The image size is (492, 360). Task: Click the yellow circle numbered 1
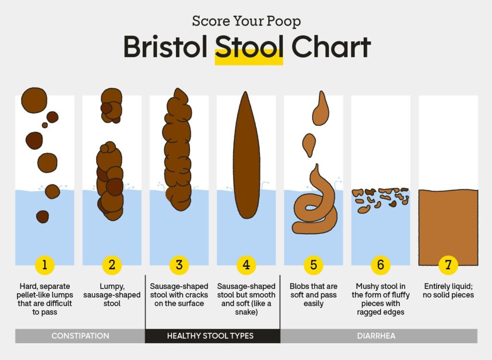[45, 265]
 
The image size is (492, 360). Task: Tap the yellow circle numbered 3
[179, 265]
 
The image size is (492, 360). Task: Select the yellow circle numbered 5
[313, 265]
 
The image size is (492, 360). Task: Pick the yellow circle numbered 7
[448, 265]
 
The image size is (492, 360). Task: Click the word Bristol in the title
[166, 47]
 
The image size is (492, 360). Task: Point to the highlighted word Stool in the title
[249, 47]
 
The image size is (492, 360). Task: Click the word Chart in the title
[331, 47]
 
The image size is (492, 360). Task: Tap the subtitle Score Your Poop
[246, 21]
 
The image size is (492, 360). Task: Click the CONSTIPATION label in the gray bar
[80, 336]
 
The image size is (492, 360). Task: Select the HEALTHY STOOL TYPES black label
[210, 336]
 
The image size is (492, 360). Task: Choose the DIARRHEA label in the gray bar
[376, 336]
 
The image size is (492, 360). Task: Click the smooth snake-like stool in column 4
[246, 155]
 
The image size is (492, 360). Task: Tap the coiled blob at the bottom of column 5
[315, 204]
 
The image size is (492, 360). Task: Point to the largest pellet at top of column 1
[34, 100]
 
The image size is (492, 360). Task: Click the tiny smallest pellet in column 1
[45, 125]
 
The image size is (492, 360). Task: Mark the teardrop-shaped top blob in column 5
[320, 108]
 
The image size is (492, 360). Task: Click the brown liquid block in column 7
[448, 228]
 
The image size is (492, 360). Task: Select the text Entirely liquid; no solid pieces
[448, 290]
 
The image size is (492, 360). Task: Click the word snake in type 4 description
[246, 312]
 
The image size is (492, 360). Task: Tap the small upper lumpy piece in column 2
[111, 106]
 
